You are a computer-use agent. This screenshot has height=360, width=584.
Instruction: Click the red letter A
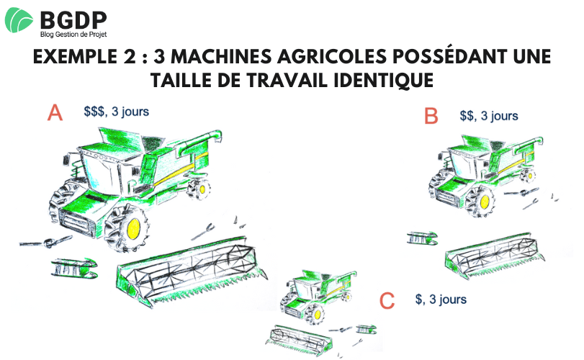[55, 112]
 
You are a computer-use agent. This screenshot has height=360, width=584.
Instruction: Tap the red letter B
[431, 115]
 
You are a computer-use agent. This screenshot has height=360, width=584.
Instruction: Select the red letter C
[387, 300]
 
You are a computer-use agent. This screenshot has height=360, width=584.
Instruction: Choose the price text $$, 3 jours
[489, 116]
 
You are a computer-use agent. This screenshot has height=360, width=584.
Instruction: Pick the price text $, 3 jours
[441, 300]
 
